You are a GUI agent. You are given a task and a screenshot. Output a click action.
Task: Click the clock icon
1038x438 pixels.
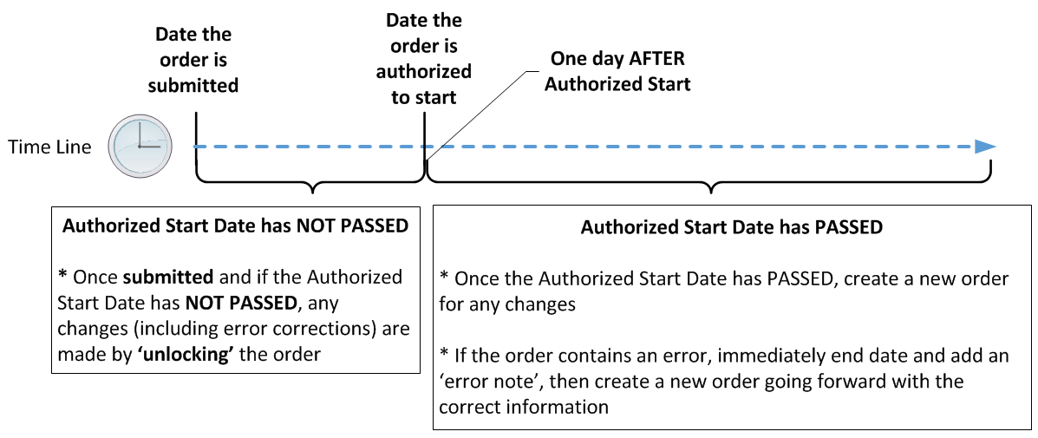tap(140, 147)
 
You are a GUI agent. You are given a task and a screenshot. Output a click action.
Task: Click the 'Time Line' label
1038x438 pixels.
tap(49, 147)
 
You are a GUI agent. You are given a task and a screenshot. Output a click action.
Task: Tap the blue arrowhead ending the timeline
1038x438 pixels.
tap(986, 147)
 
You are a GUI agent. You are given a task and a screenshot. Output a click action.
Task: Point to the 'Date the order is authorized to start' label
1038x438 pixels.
tap(424, 58)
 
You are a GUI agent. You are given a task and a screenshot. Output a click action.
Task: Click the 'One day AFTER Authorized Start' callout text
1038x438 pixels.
tap(617, 71)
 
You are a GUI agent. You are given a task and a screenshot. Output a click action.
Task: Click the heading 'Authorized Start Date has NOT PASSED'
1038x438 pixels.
tap(235, 226)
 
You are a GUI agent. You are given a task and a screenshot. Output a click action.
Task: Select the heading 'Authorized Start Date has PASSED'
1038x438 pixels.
tap(732, 227)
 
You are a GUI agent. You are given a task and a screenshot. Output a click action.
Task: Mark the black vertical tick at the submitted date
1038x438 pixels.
tap(197, 144)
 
